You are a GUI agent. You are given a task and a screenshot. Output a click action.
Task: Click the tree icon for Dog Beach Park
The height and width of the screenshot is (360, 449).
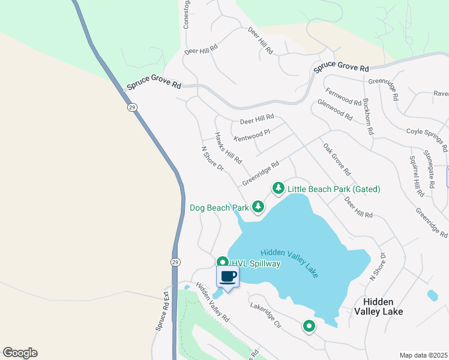[258, 207]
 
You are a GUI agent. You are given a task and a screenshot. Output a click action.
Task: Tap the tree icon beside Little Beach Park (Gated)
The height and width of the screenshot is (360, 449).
[279, 188]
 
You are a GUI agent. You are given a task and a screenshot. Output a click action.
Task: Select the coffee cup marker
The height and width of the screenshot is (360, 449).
[228, 278]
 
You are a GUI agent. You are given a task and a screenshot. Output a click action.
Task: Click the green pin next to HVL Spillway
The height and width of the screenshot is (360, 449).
[222, 263]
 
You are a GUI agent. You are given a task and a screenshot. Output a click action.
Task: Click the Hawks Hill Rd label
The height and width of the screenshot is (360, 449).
[228, 148]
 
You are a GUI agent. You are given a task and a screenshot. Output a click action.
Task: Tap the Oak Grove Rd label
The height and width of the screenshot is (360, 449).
[336, 157]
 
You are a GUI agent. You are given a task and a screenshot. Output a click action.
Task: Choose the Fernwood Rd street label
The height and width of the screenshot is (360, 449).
[343, 97]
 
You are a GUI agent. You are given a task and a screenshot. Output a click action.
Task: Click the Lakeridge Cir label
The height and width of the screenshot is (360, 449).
[265, 314]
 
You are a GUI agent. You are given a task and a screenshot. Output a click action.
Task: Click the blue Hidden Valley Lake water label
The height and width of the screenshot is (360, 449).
[289, 263]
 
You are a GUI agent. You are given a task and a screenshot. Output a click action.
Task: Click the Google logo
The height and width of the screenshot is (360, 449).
[20, 353]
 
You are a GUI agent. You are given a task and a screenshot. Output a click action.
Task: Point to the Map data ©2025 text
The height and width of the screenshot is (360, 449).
[423, 355]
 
